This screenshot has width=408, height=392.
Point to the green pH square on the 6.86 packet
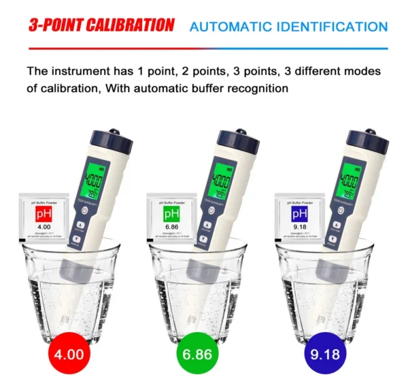pyautogui.click(x=171, y=215)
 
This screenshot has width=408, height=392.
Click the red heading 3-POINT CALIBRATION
pyautogui.click(x=101, y=26)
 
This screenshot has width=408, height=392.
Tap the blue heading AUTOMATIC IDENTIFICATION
pyautogui.click(x=288, y=27)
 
